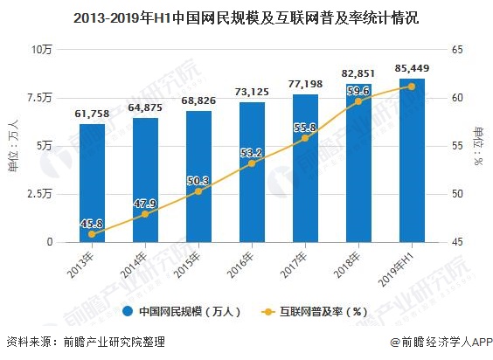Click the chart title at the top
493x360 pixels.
(x=246, y=17)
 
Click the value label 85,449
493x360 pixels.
(x=412, y=67)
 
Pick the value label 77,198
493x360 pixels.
(x=305, y=84)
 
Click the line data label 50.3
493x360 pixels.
(x=198, y=181)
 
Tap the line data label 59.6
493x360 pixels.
(x=358, y=90)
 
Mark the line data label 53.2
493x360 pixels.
(x=252, y=153)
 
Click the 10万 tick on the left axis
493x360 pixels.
(x=42, y=50)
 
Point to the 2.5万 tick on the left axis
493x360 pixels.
(x=39, y=194)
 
